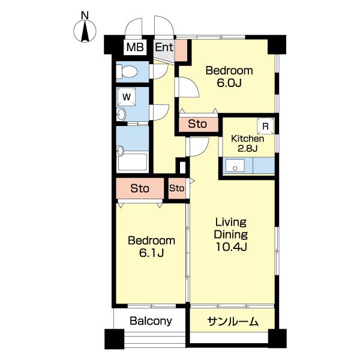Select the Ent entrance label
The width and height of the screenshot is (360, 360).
point(164,47)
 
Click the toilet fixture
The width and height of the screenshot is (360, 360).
point(127,72)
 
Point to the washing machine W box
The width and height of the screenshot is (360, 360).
point(127,96)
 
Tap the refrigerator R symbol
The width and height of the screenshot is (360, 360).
point(265,127)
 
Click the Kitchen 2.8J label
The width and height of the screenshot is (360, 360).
point(248,143)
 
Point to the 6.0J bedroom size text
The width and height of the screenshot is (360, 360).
point(229,82)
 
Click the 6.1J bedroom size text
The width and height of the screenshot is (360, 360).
point(152,253)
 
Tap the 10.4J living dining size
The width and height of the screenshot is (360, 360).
point(232,246)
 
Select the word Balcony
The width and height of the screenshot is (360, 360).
point(151,321)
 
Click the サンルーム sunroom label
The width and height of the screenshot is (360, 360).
point(233,322)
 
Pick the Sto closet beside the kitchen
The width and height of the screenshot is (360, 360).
point(197,124)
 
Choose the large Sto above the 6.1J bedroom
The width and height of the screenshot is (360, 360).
point(140,188)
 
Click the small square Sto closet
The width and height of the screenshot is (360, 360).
point(177,188)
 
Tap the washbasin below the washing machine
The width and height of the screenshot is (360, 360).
point(122,114)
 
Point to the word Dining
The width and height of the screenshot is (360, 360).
point(232,234)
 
